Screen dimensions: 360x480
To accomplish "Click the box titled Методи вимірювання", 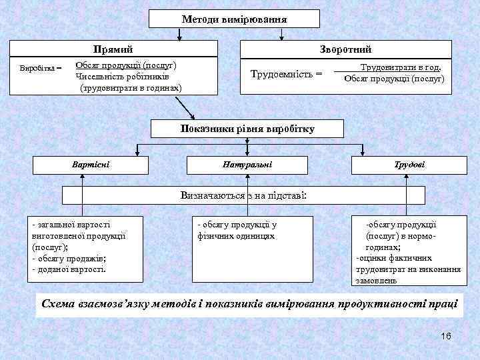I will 234,19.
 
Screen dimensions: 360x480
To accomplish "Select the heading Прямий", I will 113,49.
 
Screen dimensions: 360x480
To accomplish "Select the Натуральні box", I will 248,164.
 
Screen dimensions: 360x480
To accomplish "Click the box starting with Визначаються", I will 243,195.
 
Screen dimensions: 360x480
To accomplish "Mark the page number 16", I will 445,335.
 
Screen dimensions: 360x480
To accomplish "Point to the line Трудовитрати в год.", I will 400,67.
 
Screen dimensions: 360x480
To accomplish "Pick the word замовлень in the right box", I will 377,281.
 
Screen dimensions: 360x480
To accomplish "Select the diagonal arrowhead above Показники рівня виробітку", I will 192,116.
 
